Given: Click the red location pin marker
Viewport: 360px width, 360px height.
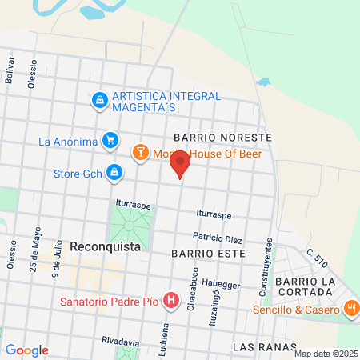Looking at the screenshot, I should [x=180, y=164].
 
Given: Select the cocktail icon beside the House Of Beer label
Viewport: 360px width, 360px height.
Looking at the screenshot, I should [x=141, y=151].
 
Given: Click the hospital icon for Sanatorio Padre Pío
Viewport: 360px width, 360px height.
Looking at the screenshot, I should [x=170, y=302].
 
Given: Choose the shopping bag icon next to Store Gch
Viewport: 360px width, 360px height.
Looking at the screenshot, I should [x=115, y=172].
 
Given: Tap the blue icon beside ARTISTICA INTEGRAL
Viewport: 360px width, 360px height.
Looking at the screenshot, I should [x=100, y=101].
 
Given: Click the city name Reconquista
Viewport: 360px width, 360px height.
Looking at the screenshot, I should [x=105, y=246].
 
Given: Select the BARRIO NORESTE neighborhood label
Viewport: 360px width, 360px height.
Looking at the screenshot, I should [x=228, y=138].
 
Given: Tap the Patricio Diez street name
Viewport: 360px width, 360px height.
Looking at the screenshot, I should [x=217, y=238].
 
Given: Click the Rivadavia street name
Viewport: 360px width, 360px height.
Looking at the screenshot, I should [x=121, y=341].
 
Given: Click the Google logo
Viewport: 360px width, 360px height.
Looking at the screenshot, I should [x=26, y=350].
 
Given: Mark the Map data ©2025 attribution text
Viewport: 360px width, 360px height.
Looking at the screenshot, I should [x=325, y=354].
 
